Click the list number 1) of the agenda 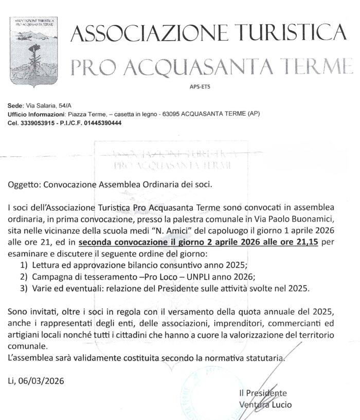click(x=23, y=265)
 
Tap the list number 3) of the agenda click(x=23, y=288)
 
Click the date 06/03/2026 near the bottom click(x=45, y=381)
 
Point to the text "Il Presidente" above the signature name click(x=262, y=393)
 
